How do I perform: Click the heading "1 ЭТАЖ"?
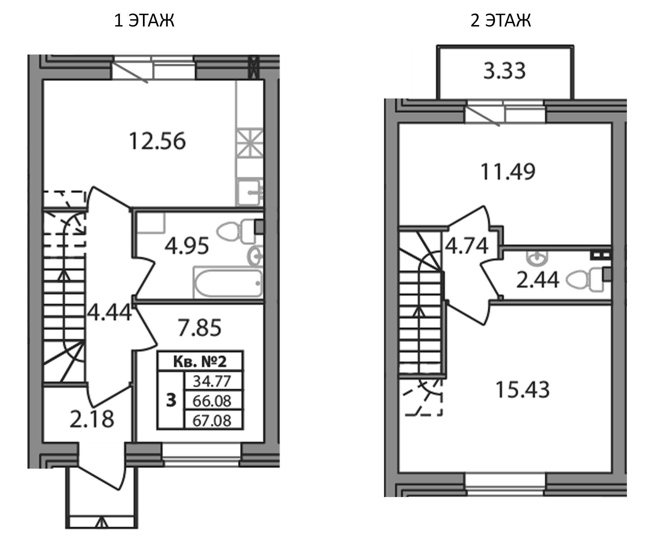tap(144, 21)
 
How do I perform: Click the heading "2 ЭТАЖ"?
tap(500, 21)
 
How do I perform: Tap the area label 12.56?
tap(157, 141)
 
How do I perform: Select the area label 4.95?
tap(187, 246)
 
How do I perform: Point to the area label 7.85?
tap(200, 328)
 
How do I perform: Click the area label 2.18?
tap(92, 419)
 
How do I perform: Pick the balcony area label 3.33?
tap(505, 71)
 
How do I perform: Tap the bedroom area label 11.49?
tap(508, 172)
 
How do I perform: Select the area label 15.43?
tap(523, 390)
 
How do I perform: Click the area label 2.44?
tap(538, 280)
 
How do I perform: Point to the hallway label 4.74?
tap(467, 246)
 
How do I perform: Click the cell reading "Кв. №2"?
tap(200, 362)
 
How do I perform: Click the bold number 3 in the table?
tap(171, 400)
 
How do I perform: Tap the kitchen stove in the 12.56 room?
tap(249, 143)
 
